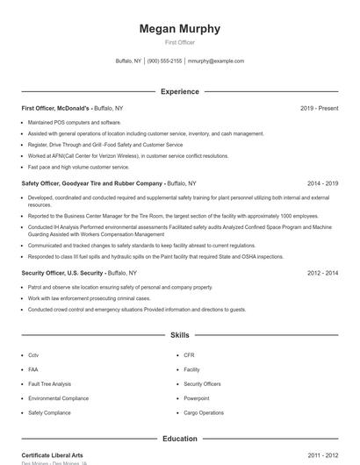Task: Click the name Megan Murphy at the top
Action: (x=180, y=29)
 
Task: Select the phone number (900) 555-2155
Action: (x=164, y=61)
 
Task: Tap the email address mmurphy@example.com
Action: (x=216, y=61)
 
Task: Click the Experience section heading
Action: (x=180, y=91)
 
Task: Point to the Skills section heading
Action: (x=180, y=335)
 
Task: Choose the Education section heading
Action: (x=180, y=438)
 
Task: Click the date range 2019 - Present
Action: (x=319, y=108)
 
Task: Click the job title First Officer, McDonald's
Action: (x=56, y=108)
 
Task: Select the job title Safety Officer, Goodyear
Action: (x=92, y=184)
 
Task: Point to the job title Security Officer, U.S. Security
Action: (x=65, y=273)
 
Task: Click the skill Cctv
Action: (x=33, y=355)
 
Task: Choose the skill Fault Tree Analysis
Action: (x=49, y=383)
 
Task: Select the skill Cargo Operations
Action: (x=204, y=412)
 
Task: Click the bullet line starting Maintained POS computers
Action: (x=74, y=122)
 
